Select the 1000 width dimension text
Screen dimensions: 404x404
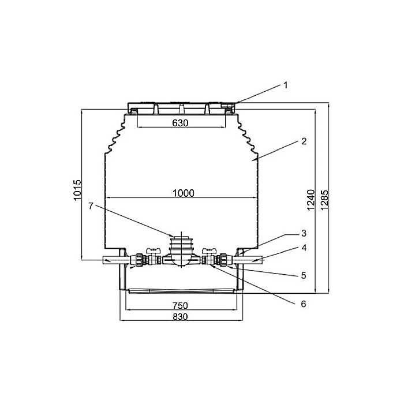(182, 193)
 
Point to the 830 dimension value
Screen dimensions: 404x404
(181, 317)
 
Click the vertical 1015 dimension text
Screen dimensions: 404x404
(78, 190)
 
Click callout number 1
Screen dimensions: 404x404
(285, 85)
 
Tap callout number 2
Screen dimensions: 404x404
(302, 141)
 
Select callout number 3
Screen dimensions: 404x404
(302, 233)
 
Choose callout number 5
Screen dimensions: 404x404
(302, 275)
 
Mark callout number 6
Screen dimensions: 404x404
(302, 302)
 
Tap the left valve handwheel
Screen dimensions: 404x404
(152, 250)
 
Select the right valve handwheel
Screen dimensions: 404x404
(209, 250)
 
